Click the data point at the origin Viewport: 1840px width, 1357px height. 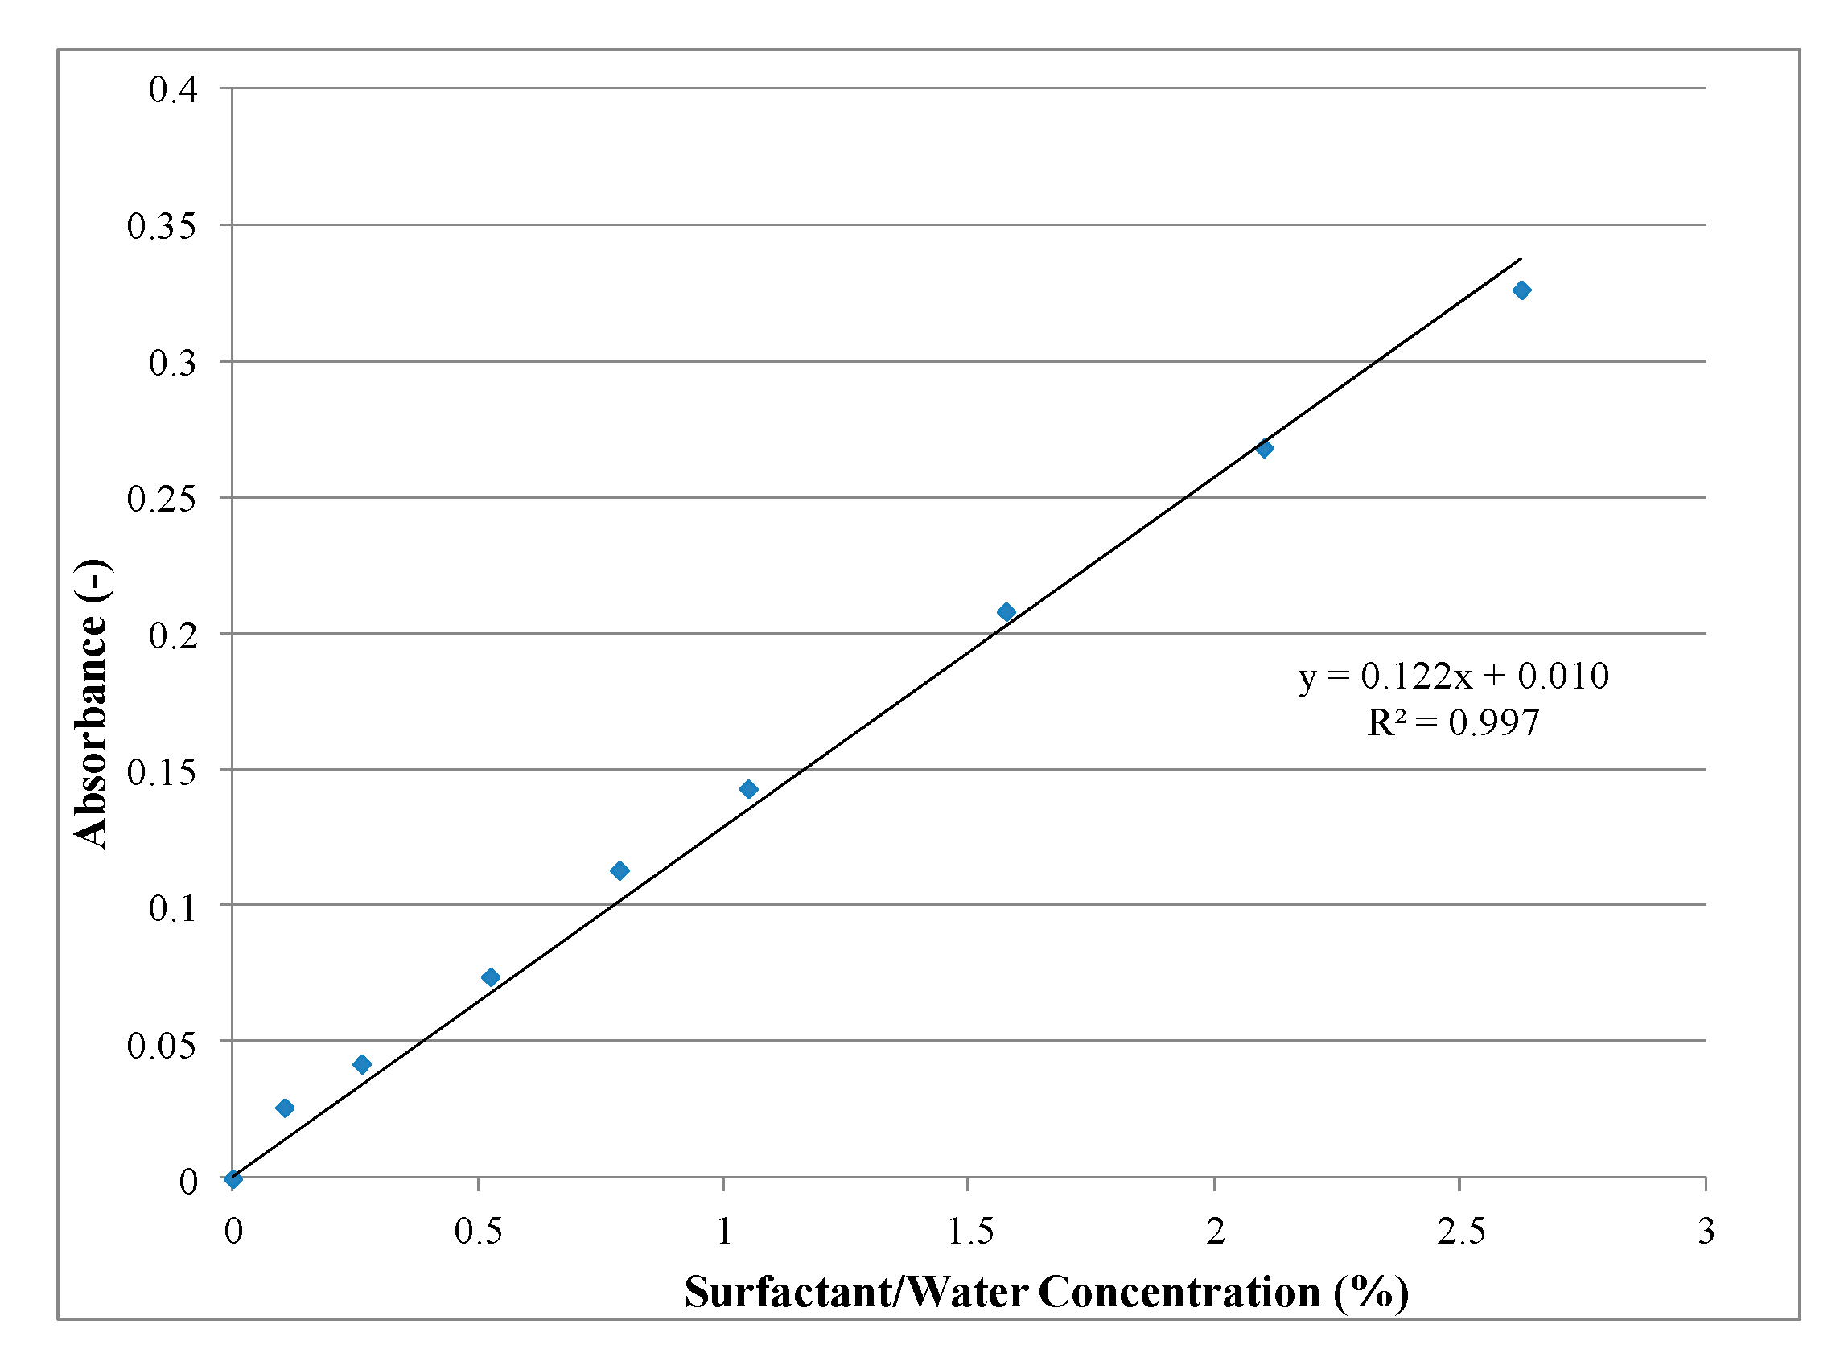click(x=233, y=1179)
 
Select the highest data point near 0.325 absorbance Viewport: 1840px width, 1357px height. click(x=1522, y=290)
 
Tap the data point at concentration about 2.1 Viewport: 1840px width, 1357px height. click(x=1265, y=449)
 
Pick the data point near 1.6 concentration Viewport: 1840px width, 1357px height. click(x=1006, y=612)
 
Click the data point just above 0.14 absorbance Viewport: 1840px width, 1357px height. click(x=748, y=789)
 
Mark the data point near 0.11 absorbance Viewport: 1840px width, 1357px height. click(x=620, y=870)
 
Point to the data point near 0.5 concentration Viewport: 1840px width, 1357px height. click(x=491, y=977)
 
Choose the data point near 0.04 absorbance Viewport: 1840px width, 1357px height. click(x=361, y=1064)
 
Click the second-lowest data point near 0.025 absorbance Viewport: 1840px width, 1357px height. click(x=285, y=1108)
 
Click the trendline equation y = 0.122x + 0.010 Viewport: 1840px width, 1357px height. click(x=1453, y=676)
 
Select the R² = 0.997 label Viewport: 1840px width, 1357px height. click(x=1453, y=723)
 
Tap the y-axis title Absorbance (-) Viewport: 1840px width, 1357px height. click(x=90, y=703)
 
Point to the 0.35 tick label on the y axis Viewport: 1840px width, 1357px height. click(x=162, y=227)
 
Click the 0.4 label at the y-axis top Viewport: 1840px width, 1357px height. click(x=172, y=89)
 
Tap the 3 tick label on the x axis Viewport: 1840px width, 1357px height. click(x=1706, y=1232)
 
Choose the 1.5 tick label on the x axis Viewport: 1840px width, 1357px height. click(x=970, y=1232)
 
